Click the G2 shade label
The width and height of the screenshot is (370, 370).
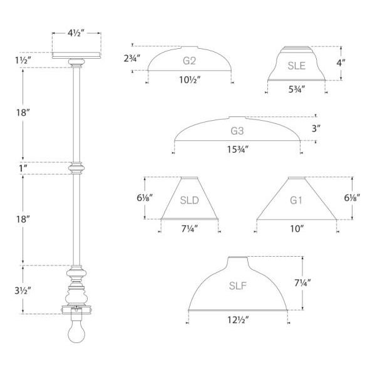pyautogui.click(x=189, y=61)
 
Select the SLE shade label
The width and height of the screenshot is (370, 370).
pyautogui.click(x=296, y=66)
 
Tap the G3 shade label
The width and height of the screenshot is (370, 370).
pyautogui.click(x=237, y=131)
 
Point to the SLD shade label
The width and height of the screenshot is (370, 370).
pyautogui.click(x=189, y=200)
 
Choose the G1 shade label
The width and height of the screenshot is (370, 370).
pyautogui.click(x=296, y=200)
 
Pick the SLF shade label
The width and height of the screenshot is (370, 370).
pyautogui.click(x=238, y=285)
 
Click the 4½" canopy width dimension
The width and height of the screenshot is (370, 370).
pyautogui.click(x=76, y=33)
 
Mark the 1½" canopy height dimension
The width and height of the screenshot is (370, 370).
pyautogui.click(x=23, y=61)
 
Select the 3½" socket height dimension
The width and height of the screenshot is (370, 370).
pyautogui.click(x=23, y=290)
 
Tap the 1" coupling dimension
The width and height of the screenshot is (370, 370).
pyautogui.click(x=23, y=168)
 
